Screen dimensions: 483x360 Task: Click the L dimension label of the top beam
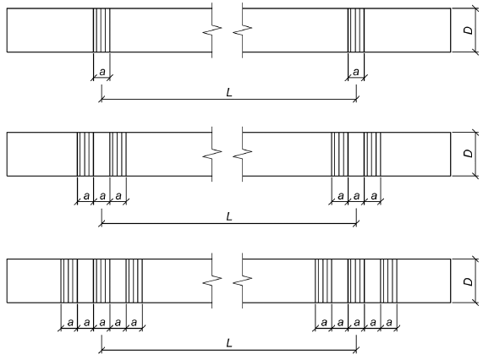(x=229, y=92)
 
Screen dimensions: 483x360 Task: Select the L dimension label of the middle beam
(x=229, y=216)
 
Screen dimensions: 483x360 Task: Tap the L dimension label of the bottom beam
(x=229, y=343)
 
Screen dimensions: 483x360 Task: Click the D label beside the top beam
(x=469, y=30)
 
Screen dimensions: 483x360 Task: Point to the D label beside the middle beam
(x=469, y=153)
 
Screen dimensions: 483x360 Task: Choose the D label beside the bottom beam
(x=469, y=281)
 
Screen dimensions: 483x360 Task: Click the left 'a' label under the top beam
(x=102, y=72)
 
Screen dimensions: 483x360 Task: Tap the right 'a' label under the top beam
(x=356, y=72)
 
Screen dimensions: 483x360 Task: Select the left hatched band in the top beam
(x=102, y=30)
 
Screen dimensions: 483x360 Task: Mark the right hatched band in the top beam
(x=356, y=30)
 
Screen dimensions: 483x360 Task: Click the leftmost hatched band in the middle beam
(x=85, y=154)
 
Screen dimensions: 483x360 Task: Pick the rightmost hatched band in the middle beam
(x=372, y=154)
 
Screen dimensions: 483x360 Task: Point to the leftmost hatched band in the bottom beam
(x=69, y=281)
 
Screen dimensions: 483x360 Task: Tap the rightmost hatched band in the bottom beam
(x=389, y=281)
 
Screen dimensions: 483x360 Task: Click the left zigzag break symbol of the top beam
(x=212, y=30)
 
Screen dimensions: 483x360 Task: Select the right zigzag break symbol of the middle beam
(x=243, y=154)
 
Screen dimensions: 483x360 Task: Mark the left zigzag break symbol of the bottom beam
(x=212, y=281)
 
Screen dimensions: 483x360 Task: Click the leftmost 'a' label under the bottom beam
(x=70, y=323)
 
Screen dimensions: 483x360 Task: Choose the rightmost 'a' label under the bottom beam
(x=389, y=323)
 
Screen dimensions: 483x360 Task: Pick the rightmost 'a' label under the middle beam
(x=374, y=196)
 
